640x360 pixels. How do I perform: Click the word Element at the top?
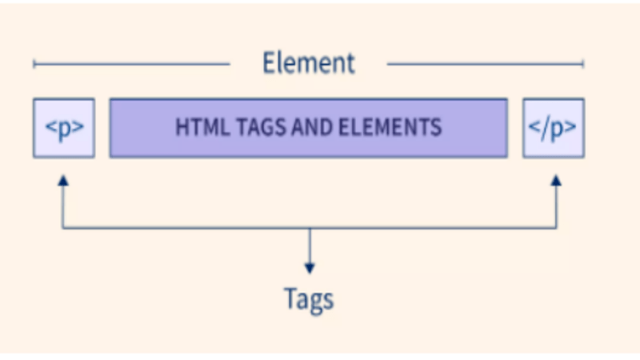pyautogui.click(x=308, y=62)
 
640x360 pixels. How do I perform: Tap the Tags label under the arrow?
pyautogui.click(x=309, y=298)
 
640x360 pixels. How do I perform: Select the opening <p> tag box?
pyautogui.click(x=64, y=128)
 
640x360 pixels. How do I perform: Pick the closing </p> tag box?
pyautogui.click(x=554, y=128)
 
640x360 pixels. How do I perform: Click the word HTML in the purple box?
pyautogui.click(x=195, y=128)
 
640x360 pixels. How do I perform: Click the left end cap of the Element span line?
pyautogui.click(x=34, y=63)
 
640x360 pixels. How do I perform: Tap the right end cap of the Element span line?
pyautogui.click(x=583, y=63)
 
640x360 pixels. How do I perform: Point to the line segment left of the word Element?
pyautogui.click(x=132, y=63)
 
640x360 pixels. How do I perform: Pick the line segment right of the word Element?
pyautogui.click(x=485, y=63)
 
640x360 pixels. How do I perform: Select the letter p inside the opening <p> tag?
pyautogui.click(x=65, y=129)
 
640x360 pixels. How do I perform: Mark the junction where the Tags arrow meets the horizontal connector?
pyautogui.click(x=309, y=229)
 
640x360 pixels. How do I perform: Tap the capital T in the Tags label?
pyautogui.click(x=290, y=298)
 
